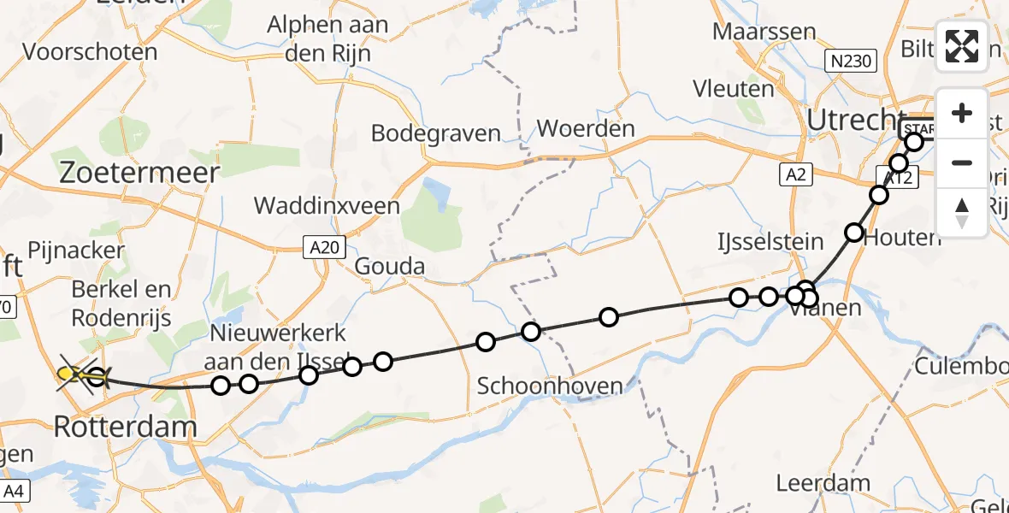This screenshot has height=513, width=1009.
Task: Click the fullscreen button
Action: point(962,46)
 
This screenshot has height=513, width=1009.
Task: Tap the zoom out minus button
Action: point(962,162)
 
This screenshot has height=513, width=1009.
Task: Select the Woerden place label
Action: point(586,130)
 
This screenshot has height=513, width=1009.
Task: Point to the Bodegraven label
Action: point(436,133)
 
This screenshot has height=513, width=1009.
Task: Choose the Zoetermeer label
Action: point(139,172)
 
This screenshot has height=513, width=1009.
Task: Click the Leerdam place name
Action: point(823,482)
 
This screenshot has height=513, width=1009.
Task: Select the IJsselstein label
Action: point(770,241)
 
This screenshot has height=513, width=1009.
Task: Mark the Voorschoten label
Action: point(90,52)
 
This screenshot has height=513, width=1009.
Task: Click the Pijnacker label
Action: point(76,251)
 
